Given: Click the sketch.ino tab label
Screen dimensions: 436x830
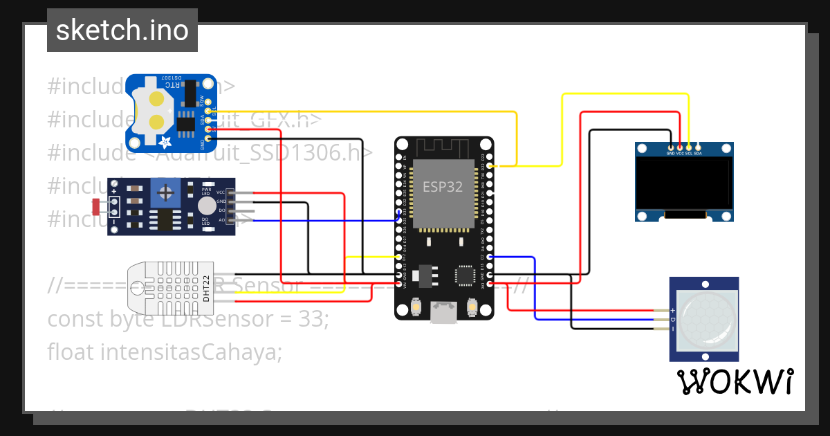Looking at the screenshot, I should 122,30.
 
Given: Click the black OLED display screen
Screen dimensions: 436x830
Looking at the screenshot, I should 684,183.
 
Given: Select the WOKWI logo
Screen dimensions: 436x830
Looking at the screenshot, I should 735,382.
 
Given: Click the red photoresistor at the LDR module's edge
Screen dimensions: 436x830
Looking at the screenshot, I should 96,205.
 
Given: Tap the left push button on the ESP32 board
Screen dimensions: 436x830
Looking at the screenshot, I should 416,306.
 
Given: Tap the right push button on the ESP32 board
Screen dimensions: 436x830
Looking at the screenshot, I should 472,306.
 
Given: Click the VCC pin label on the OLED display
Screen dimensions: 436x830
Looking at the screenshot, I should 680,153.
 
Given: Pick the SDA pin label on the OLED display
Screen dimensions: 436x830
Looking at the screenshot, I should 698,153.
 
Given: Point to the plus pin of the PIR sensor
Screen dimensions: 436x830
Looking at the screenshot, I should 672,311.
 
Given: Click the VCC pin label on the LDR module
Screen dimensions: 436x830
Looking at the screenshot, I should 221,192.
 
